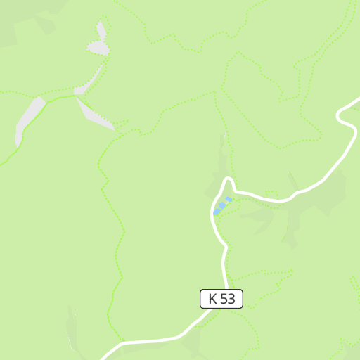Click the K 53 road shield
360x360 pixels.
(x=221, y=299)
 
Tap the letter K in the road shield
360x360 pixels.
(x=212, y=299)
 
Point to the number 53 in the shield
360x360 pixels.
(x=227, y=299)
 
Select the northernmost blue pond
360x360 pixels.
(x=229, y=200)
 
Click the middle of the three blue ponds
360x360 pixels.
(x=222, y=205)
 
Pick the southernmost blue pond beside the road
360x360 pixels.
(x=217, y=212)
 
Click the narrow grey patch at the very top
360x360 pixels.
(x=102, y=30)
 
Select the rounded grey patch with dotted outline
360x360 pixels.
(x=98, y=48)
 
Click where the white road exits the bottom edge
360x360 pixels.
(x=105, y=356)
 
